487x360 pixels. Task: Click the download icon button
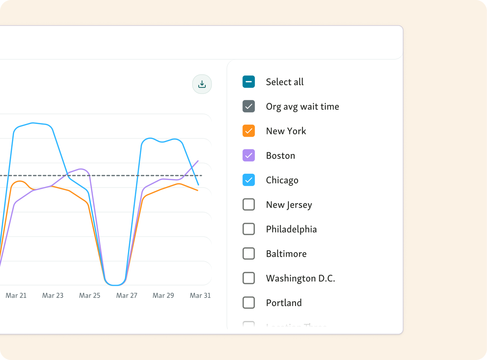click(202, 84)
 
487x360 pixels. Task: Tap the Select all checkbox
click(249, 82)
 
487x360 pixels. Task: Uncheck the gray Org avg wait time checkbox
click(249, 106)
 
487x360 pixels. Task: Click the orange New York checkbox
click(249, 131)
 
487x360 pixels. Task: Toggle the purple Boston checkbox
click(249, 155)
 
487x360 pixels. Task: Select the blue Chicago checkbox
click(249, 180)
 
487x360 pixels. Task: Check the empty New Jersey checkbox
click(249, 205)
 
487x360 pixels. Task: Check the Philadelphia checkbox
click(249, 229)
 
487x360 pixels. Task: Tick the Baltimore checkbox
click(249, 254)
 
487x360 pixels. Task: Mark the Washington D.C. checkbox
click(249, 278)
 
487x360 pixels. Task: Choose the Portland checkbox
click(249, 302)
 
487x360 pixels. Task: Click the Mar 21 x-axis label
click(16, 295)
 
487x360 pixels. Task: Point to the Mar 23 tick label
click(53, 295)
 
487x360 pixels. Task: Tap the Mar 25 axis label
click(90, 295)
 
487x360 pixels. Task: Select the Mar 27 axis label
click(127, 295)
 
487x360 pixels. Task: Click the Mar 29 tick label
click(163, 295)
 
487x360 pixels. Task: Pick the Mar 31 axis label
click(200, 295)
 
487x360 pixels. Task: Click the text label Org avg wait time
click(302, 107)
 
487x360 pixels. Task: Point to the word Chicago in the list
click(282, 180)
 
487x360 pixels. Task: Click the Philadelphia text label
click(291, 229)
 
